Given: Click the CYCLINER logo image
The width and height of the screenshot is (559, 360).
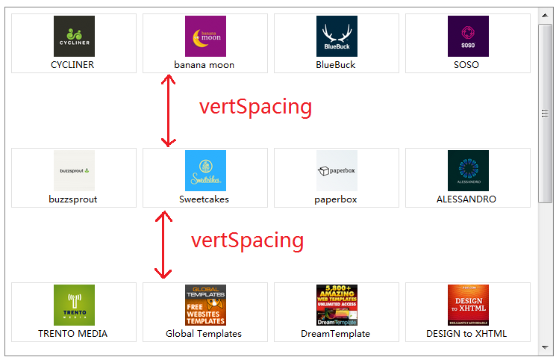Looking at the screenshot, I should click(x=74, y=36).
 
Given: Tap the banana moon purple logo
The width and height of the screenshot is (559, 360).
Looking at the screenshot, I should click(x=205, y=36).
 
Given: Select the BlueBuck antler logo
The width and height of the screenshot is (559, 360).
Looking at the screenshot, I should click(x=337, y=36).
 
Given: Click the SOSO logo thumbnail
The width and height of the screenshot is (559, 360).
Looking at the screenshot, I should click(x=468, y=36).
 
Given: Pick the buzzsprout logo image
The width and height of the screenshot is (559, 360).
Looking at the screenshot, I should click(x=74, y=170).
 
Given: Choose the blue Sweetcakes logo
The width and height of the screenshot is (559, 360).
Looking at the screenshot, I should click(x=205, y=170).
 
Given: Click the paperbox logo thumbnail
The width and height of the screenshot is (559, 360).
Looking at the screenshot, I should click(x=337, y=170).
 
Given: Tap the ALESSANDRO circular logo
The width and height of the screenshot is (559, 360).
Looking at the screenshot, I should click(x=468, y=170).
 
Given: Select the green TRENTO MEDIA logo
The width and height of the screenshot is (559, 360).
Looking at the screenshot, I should click(x=74, y=305).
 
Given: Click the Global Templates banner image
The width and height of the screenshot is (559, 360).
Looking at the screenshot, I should click(x=205, y=305).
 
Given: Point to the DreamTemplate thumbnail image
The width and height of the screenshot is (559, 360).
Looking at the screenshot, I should click(x=337, y=305).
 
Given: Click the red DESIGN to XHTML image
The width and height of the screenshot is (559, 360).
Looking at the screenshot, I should click(x=468, y=305).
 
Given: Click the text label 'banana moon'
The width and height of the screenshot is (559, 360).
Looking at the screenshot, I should click(x=204, y=65).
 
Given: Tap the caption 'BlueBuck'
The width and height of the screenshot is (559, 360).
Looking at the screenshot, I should click(x=336, y=65).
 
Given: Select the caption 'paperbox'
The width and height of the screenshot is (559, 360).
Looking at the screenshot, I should click(x=336, y=199).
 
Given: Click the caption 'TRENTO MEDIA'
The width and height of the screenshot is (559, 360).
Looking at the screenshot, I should click(x=73, y=334).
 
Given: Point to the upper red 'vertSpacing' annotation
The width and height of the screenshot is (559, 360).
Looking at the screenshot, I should click(x=255, y=107).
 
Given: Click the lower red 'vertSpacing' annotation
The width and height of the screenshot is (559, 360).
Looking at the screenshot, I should click(x=248, y=240).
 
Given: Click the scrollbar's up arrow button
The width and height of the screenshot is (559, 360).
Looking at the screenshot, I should click(x=545, y=14).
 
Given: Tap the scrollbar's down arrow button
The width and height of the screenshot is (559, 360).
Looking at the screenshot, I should click(x=545, y=347).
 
